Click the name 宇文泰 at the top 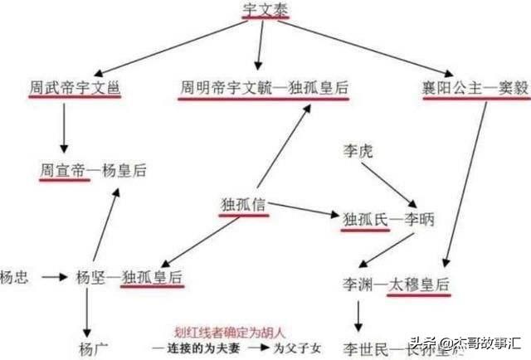(x=265, y=11)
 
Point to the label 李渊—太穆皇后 (x=397, y=285)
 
